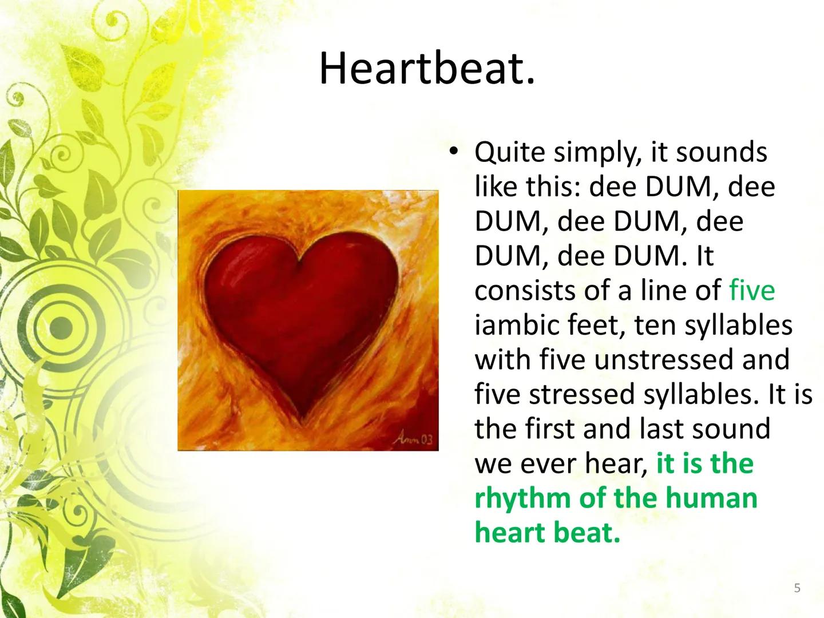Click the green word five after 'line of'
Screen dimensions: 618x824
[751, 290]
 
